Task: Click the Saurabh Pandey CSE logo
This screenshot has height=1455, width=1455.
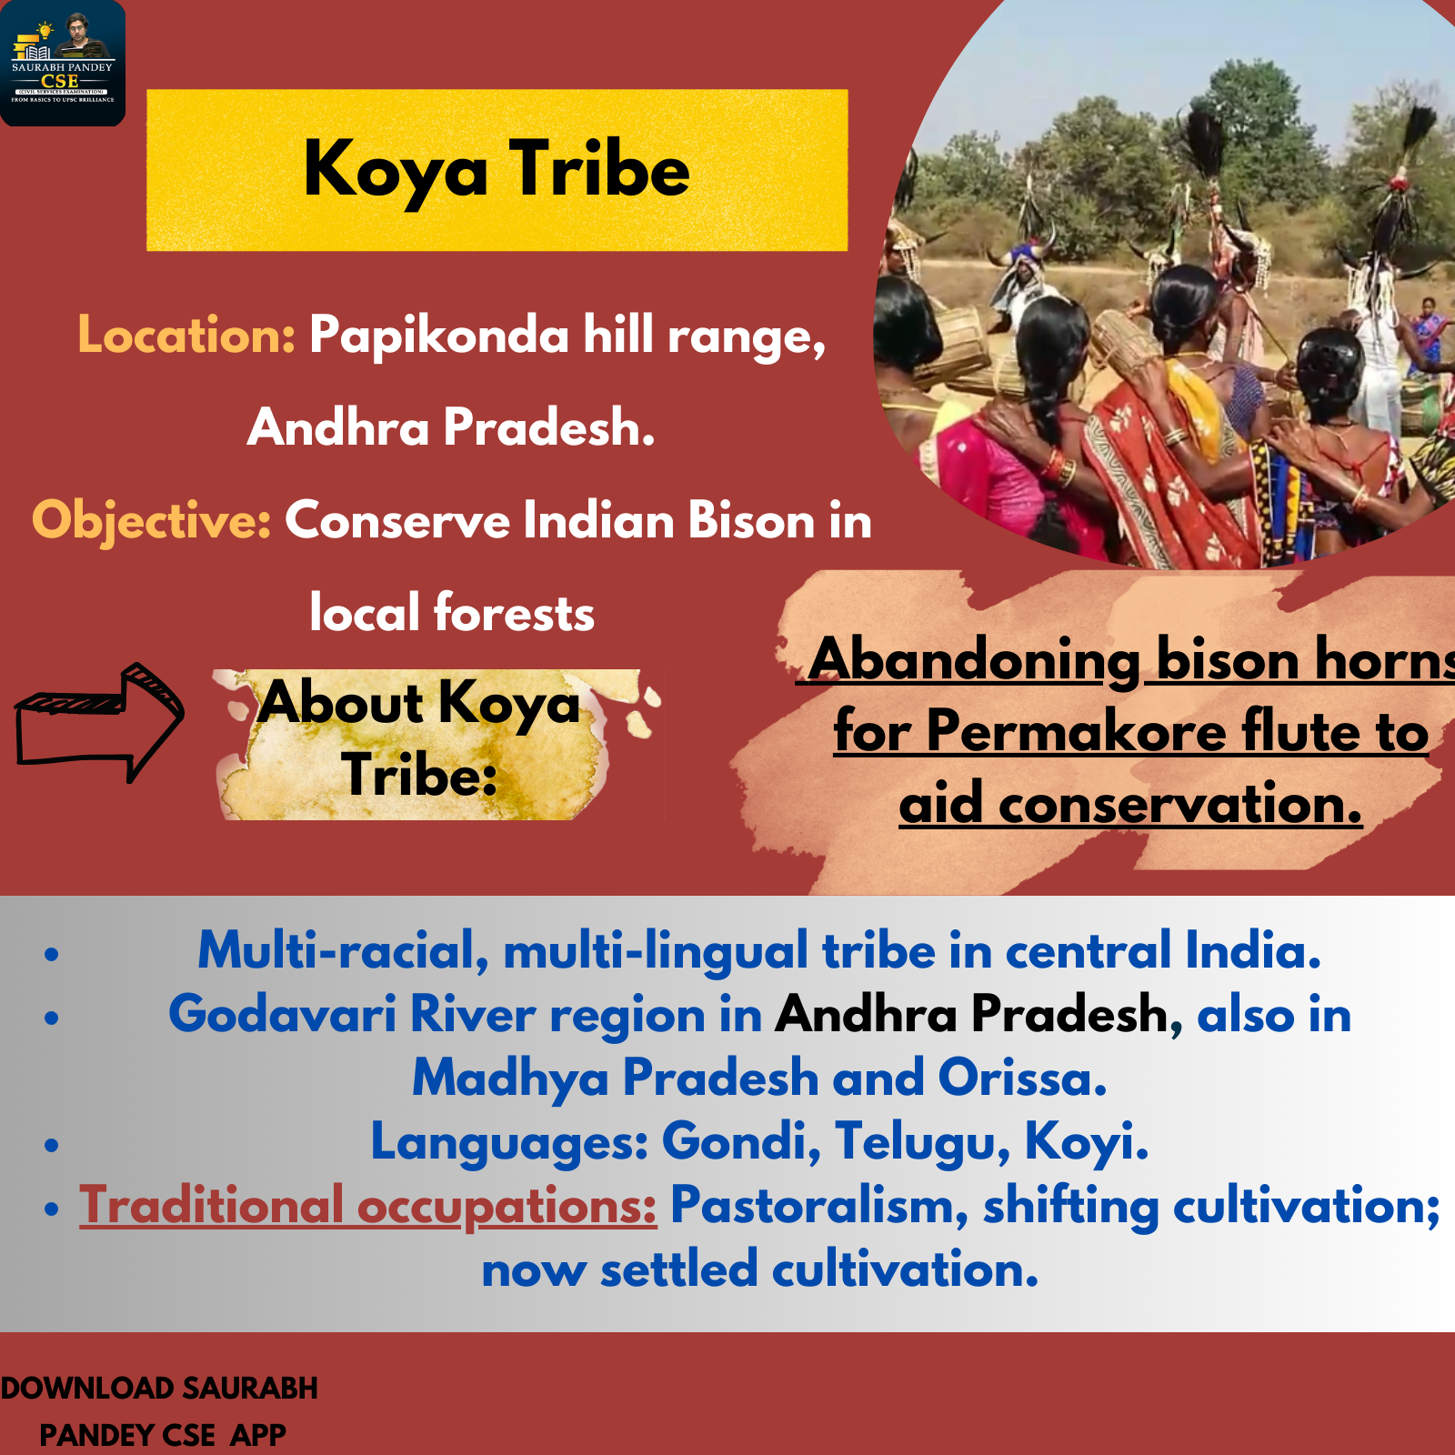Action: (62, 62)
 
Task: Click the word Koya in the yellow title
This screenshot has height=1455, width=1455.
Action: (396, 171)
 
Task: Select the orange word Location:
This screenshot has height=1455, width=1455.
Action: (186, 336)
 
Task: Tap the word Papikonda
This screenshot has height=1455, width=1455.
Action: (439, 336)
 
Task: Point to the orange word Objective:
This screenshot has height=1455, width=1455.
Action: (152, 521)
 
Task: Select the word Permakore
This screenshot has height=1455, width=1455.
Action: (1076, 731)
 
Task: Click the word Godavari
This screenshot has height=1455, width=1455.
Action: (283, 1014)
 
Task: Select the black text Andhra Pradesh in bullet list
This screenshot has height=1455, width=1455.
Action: (971, 1014)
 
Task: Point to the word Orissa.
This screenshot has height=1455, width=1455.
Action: (1022, 1078)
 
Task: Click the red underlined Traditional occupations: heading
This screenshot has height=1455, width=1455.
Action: (367, 1207)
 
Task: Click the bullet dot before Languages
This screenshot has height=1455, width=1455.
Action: (51, 1145)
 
